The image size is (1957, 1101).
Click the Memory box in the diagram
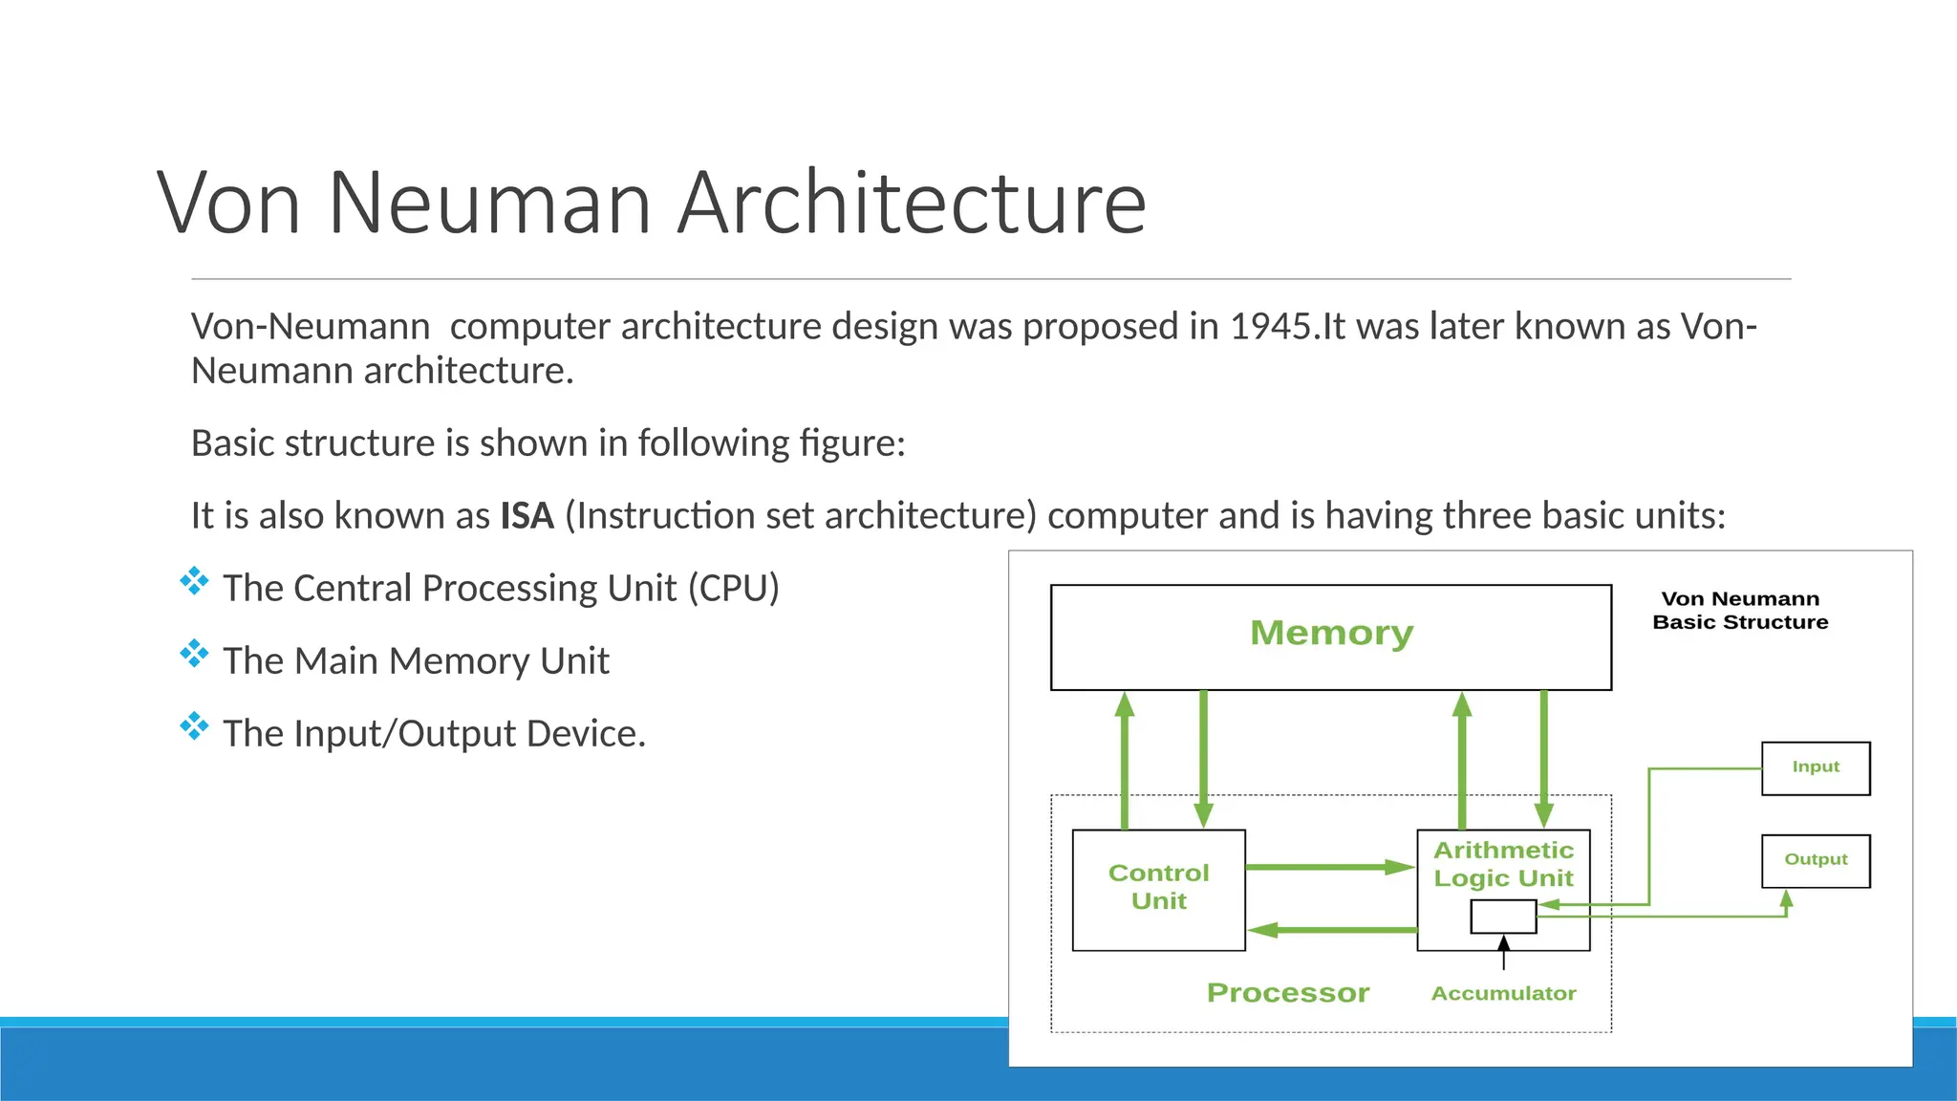point(1330,637)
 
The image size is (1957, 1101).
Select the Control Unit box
point(1158,889)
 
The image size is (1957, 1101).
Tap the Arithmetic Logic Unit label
point(1503,864)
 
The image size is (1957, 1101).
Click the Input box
point(1816,767)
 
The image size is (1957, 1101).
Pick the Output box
point(1816,860)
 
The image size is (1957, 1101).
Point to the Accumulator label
point(1503,994)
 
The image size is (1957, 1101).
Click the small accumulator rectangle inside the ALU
point(1503,917)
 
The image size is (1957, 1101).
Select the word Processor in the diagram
point(1287,993)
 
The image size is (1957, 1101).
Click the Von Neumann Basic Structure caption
point(1740,611)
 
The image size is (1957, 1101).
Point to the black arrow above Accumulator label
point(1503,953)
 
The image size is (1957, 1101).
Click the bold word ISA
point(527,516)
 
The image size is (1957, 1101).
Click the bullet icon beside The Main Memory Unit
point(194,654)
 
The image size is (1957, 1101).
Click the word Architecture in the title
point(912,203)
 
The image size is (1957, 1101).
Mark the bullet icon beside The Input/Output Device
point(194,726)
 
